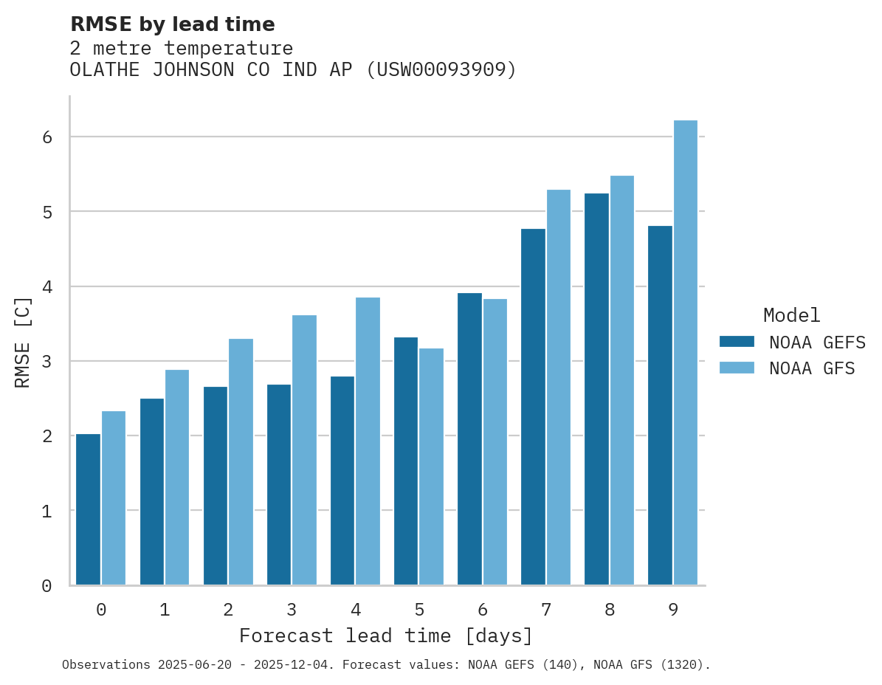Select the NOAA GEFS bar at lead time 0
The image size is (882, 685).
point(88,509)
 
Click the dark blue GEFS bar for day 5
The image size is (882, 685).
point(406,461)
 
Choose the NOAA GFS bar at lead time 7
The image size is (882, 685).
point(558,388)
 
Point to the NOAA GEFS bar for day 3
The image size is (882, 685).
point(279,484)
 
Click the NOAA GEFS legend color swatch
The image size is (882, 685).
point(737,342)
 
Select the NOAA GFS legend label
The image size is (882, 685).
point(812,368)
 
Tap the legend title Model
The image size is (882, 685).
point(791,316)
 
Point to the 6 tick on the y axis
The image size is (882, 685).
point(46,137)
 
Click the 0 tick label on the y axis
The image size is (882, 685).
point(46,586)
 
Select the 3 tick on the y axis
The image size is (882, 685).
point(46,362)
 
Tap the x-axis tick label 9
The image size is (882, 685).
point(673,610)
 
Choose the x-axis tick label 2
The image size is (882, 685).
point(228,610)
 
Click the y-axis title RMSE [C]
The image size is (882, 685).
point(23,341)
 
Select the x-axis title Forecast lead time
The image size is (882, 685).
point(385,636)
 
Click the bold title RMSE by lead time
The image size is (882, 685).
point(172,24)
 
